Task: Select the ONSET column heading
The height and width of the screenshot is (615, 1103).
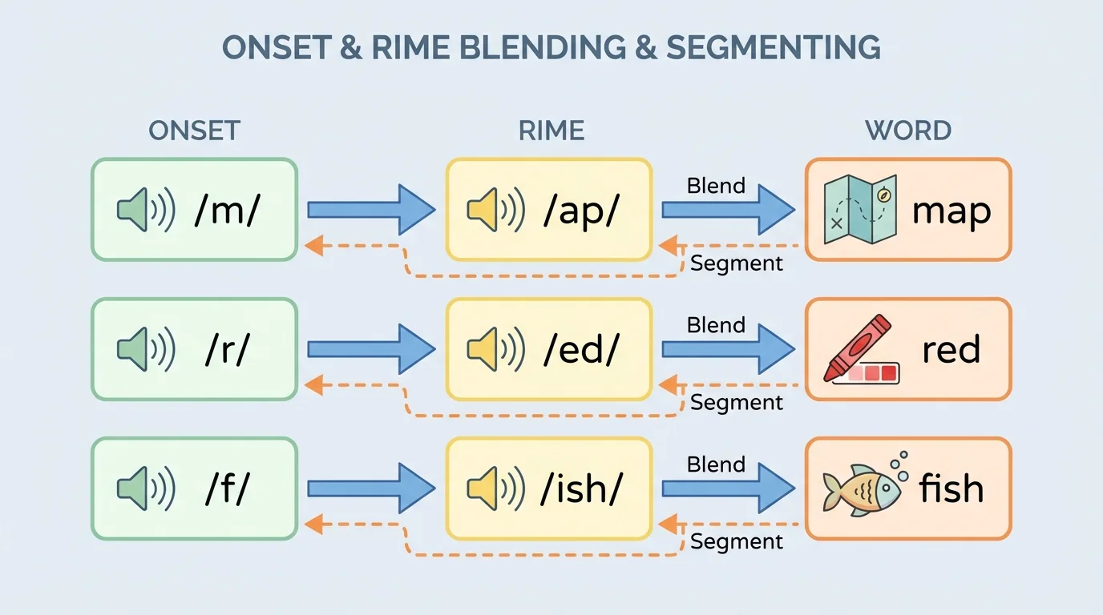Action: click(x=194, y=131)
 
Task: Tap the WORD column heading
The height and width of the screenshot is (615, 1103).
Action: click(x=908, y=131)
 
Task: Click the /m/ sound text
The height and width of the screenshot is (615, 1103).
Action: click(x=228, y=211)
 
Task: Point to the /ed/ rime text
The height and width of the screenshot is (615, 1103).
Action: click(x=582, y=350)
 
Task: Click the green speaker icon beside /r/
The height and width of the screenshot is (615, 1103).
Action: click(x=145, y=350)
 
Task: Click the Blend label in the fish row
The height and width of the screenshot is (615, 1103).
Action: click(x=716, y=464)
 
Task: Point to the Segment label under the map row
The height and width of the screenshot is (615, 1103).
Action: click(x=736, y=263)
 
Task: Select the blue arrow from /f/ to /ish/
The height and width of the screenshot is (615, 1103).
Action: click(x=371, y=488)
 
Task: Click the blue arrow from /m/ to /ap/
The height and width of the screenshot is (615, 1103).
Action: click(x=371, y=210)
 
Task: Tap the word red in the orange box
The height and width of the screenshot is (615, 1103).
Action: click(x=951, y=350)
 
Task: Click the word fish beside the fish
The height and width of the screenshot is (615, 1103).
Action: click(x=951, y=488)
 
